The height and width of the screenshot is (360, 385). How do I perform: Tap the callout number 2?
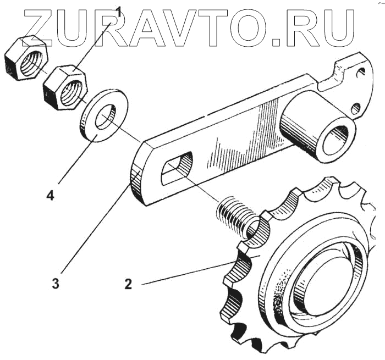128,284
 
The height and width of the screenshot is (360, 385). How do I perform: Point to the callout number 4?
50,195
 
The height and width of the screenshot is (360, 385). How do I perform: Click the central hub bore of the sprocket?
324,285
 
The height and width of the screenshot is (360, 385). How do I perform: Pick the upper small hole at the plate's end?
360,71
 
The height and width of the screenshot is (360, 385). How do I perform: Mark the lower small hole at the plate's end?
357,107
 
